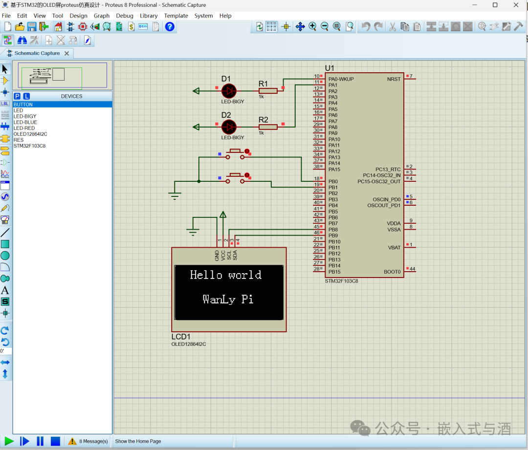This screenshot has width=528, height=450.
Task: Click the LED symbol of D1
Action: click(229, 90)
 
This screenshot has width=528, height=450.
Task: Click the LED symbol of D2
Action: click(229, 127)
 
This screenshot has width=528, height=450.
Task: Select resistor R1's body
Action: click(268, 90)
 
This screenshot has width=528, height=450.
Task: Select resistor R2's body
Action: click(268, 127)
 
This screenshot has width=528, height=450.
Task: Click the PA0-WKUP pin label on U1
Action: click(341, 79)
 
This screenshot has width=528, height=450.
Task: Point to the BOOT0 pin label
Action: click(392, 272)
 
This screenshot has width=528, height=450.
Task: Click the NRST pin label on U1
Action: click(394, 79)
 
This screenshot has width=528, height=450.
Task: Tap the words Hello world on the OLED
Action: click(226, 275)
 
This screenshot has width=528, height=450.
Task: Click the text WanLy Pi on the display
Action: click(228, 299)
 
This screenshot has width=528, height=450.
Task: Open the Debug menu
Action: click(125, 16)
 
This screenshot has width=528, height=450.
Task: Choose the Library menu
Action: click(149, 16)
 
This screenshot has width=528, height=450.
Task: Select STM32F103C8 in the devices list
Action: click(29, 146)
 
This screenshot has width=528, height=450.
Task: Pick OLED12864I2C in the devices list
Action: click(30, 134)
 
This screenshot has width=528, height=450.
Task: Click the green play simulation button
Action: click(9, 441)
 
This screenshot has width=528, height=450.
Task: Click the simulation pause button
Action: click(40, 441)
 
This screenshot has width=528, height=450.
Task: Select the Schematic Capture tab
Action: click(37, 53)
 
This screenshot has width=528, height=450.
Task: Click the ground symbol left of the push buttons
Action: click(175, 195)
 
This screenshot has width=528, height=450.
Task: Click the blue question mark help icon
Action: click(170, 26)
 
